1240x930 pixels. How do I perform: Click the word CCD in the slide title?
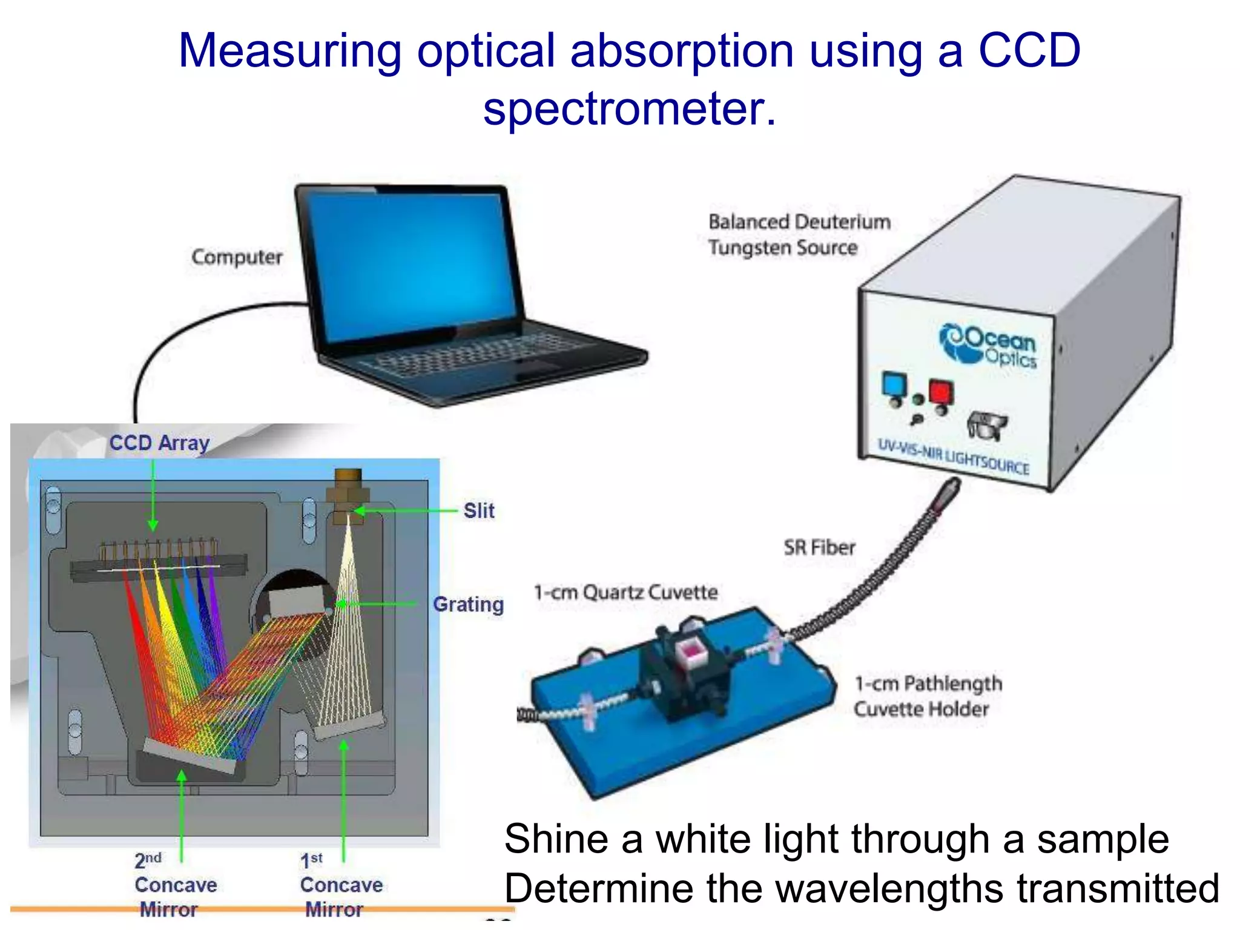click(x=1029, y=50)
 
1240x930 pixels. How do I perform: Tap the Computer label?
click(x=237, y=257)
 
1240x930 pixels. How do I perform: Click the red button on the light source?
click(x=940, y=392)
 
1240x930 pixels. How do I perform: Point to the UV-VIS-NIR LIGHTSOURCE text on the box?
click(x=953, y=457)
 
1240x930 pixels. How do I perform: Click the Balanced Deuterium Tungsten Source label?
click(x=799, y=234)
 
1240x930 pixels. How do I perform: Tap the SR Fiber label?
click(x=819, y=547)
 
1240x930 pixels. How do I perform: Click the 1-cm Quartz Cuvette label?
click(x=625, y=592)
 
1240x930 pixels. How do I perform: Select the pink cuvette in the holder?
click(x=690, y=651)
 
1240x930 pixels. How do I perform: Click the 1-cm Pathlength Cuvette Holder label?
click(x=927, y=696)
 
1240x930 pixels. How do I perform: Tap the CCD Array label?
click(x=159, y=443)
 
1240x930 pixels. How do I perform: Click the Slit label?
click(x=479, y=510)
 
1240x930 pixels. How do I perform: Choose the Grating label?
click(x=468, y=604)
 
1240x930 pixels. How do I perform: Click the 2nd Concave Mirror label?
click(x=175, y=885)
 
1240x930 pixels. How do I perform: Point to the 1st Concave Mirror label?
click(x=341, y=885)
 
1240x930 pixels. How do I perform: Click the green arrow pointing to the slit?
click(x=406, y=510)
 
